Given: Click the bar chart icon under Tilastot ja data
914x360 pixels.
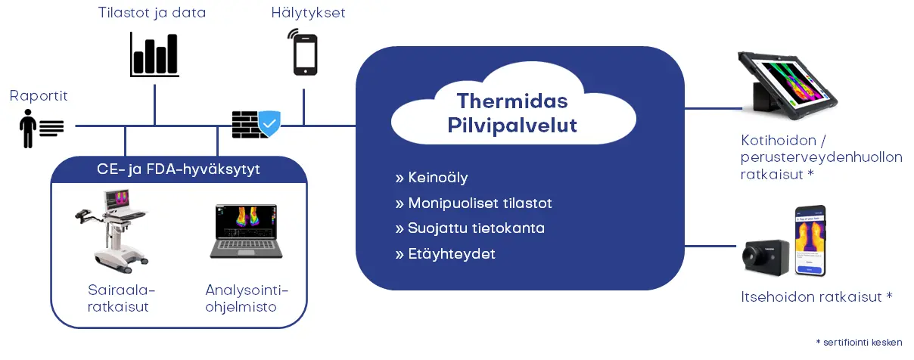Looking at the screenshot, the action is [154, 54].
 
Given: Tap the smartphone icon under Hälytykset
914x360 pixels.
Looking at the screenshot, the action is [304, 53].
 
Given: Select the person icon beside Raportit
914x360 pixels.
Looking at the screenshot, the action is [28, 129].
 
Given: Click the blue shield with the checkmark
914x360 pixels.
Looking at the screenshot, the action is [269, 123].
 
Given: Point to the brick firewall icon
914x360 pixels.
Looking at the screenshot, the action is [246, 125].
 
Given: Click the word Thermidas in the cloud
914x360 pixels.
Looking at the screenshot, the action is [512, 101].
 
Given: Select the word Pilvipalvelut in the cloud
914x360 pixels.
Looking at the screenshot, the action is [512, 125].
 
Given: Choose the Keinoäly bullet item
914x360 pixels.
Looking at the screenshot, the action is [432, 178].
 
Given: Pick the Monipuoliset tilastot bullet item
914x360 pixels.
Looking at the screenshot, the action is [474, 203].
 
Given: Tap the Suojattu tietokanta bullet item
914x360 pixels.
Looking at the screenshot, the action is [470, 228].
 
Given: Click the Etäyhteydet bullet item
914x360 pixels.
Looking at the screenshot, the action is [445, 254].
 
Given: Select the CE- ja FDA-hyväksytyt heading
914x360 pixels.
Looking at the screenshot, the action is [179, 169].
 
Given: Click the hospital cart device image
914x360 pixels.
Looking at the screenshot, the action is [113, 231].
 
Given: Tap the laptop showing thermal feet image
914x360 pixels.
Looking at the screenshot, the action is [246, 231].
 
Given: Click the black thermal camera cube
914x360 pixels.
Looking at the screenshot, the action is [766, 258].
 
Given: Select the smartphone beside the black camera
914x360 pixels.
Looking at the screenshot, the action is [810, 241].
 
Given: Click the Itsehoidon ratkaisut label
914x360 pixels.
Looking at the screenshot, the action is [816, 296].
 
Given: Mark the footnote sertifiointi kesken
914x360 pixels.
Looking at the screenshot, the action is [859, 343].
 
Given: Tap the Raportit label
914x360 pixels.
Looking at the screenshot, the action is [39, 96].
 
